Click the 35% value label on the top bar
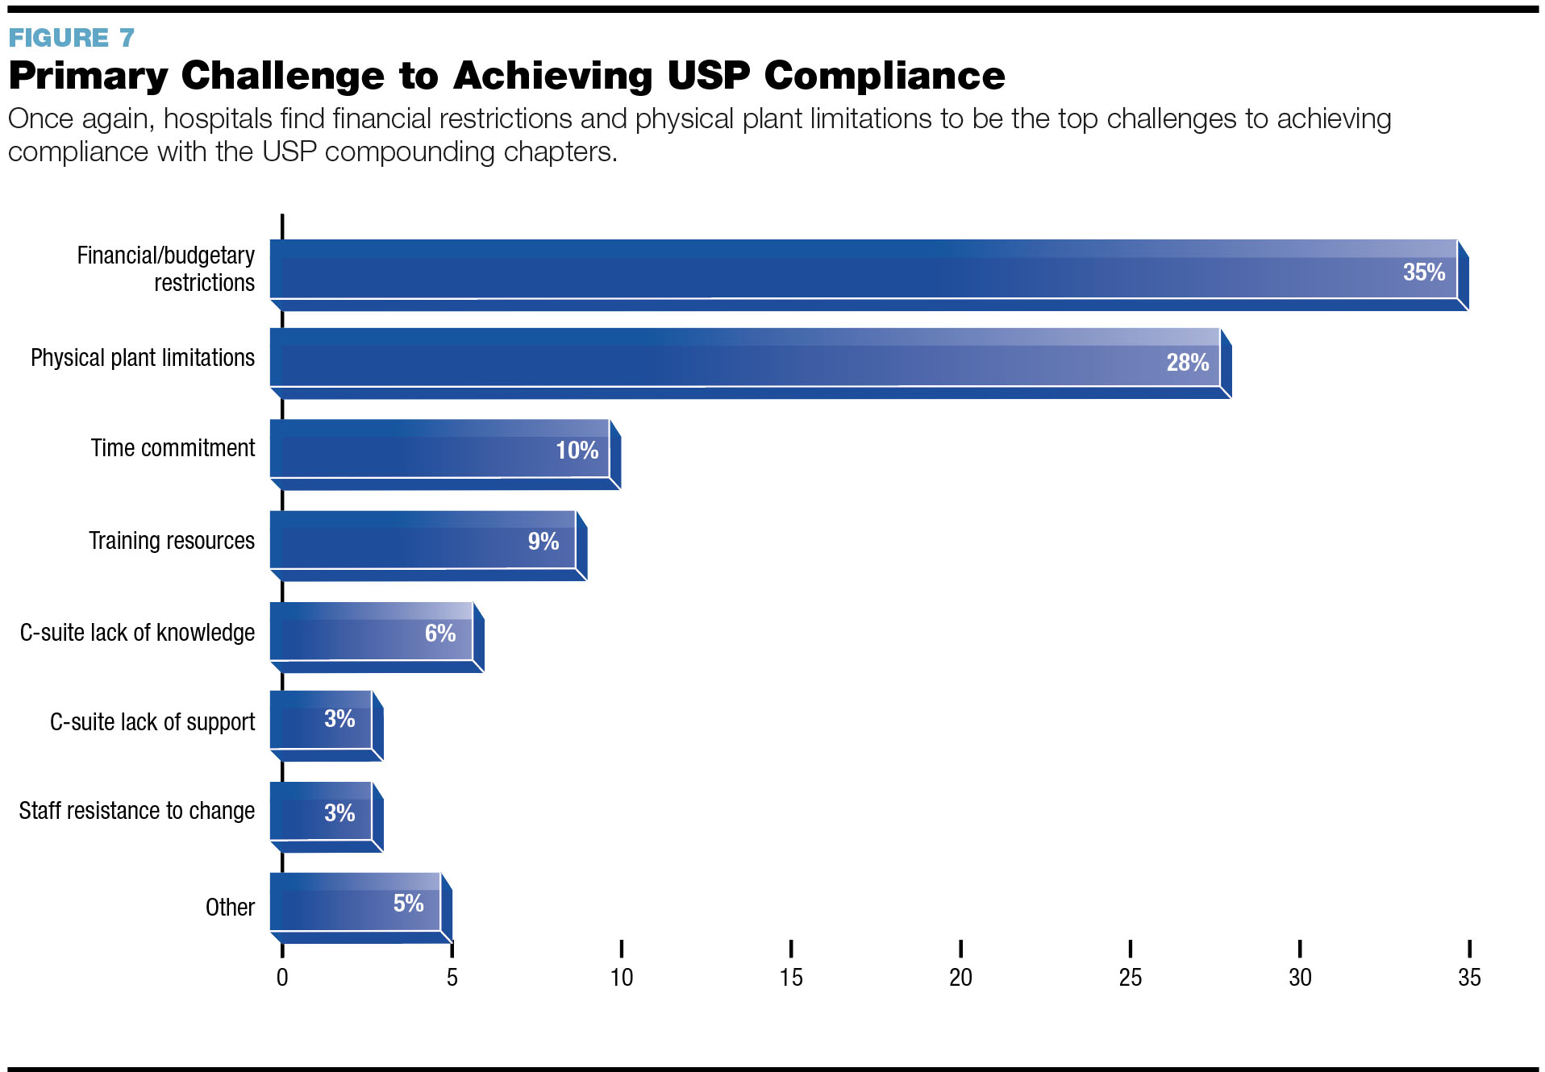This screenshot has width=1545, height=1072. point(1423,272)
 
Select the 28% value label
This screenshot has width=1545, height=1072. point(1187,363)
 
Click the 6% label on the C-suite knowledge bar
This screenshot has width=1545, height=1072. point(440,634)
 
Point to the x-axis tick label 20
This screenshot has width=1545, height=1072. point(960,978)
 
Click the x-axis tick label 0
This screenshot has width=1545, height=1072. point(282,978)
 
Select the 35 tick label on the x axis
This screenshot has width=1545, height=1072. point(1469,978)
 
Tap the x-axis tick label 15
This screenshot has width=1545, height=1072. point(791,978)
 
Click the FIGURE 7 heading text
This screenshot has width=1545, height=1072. point(71,38)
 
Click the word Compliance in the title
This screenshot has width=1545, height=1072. point(884,77)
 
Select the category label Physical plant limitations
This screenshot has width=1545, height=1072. point(143,358)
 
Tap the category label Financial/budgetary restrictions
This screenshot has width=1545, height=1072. point(165,269)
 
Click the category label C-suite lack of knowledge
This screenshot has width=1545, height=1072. point(137,633)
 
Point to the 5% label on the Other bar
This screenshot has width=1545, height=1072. point(408,904)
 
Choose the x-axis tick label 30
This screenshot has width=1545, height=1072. point(1300,978)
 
